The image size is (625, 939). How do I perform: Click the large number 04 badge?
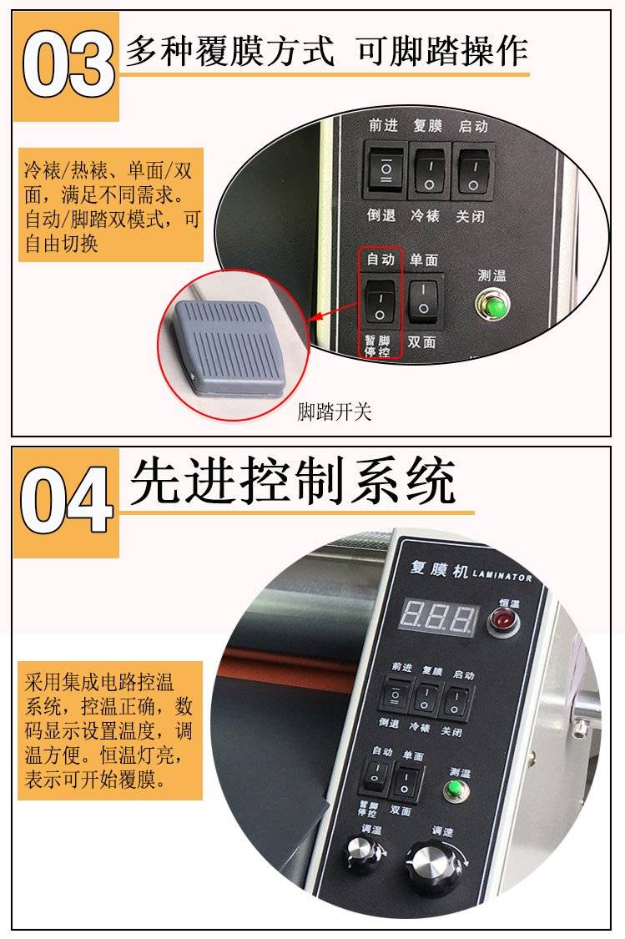point(66,501)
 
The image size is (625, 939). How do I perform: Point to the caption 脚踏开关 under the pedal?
point(335,411)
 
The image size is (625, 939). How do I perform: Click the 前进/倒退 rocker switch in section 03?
point(385,170)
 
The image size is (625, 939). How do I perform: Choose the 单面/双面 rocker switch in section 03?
point(423,300)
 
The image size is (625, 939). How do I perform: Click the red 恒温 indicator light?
point(503,622)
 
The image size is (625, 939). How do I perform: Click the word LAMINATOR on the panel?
point(502,576)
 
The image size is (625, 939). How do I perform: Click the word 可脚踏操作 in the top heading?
point(441,50)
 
